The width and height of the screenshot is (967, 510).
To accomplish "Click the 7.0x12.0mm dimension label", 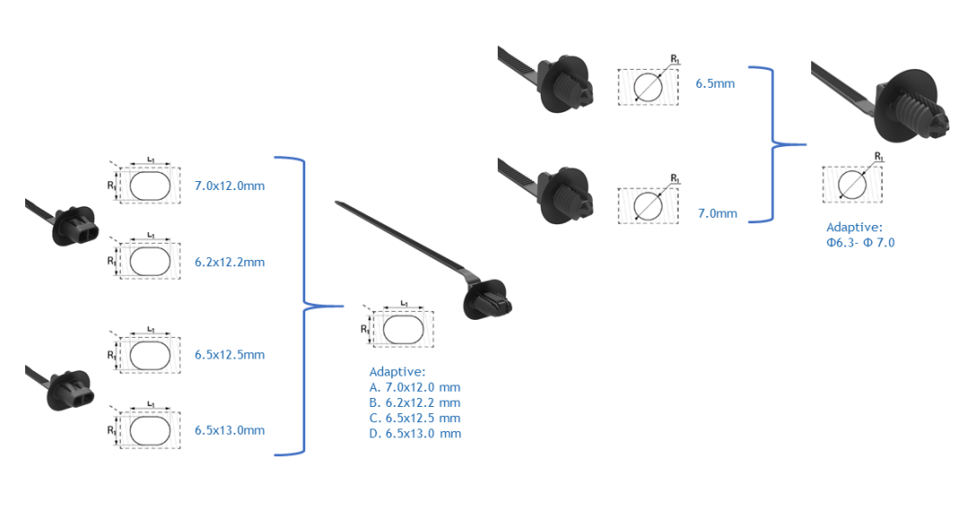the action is pos(229,186).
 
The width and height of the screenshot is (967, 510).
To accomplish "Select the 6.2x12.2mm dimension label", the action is pos(229,263).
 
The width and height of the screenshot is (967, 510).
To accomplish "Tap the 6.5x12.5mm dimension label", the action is pos(229,355).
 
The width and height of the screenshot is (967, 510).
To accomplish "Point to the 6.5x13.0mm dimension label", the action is pos(229,430).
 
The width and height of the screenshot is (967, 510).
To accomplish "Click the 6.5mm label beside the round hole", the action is pos(715,84).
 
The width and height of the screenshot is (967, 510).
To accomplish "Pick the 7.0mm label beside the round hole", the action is pos(717,213).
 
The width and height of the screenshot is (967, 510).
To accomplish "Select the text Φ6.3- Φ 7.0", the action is pos(860,243).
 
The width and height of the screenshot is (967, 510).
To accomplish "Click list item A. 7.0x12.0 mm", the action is pos(415,387).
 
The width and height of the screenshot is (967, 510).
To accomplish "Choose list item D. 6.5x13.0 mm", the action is pos(415,434).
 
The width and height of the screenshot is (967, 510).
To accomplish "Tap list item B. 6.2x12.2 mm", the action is pos(415,402).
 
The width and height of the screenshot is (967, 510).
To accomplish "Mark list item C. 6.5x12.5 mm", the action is pos(415,418).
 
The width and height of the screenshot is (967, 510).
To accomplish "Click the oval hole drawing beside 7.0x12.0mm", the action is pos(150,186).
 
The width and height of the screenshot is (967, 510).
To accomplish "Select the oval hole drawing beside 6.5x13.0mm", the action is pos(150,431).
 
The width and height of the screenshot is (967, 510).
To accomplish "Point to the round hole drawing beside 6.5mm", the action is pos(647,87).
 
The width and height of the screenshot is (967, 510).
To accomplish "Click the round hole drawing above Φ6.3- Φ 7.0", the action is pos(852,184).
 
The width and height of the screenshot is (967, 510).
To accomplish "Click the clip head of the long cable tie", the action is pos(487,299).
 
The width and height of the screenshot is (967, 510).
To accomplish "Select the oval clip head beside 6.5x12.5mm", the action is pos(71,390).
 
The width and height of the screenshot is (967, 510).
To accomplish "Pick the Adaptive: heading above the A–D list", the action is pos(398,372).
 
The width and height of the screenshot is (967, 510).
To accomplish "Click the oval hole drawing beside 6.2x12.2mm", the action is pos(150,263).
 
